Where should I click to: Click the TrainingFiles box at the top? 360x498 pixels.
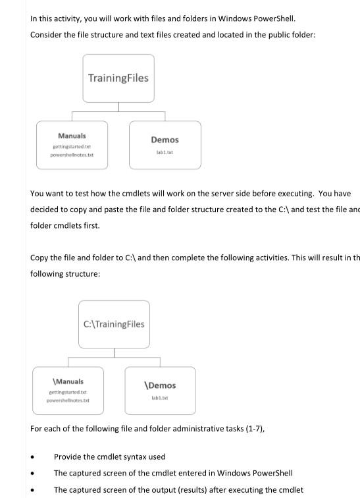(118, 78)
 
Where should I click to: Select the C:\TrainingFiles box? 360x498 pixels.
(114, 323)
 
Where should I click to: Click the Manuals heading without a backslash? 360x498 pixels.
(72, 136)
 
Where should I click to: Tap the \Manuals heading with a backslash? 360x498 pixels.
(68, 381)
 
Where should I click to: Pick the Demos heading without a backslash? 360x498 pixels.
(165, 140)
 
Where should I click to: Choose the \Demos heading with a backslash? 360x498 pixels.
(160, 385)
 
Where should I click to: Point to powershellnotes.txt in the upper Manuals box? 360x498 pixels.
(72, 155)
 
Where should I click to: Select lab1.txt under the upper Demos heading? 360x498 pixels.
(165, 152)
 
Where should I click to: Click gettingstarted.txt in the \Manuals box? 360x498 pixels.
(68, 392)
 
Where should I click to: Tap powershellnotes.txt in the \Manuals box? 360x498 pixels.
(68, 401)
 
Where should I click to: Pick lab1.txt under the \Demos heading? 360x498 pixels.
(160, 397)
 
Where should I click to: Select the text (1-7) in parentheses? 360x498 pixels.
(237, 429)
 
